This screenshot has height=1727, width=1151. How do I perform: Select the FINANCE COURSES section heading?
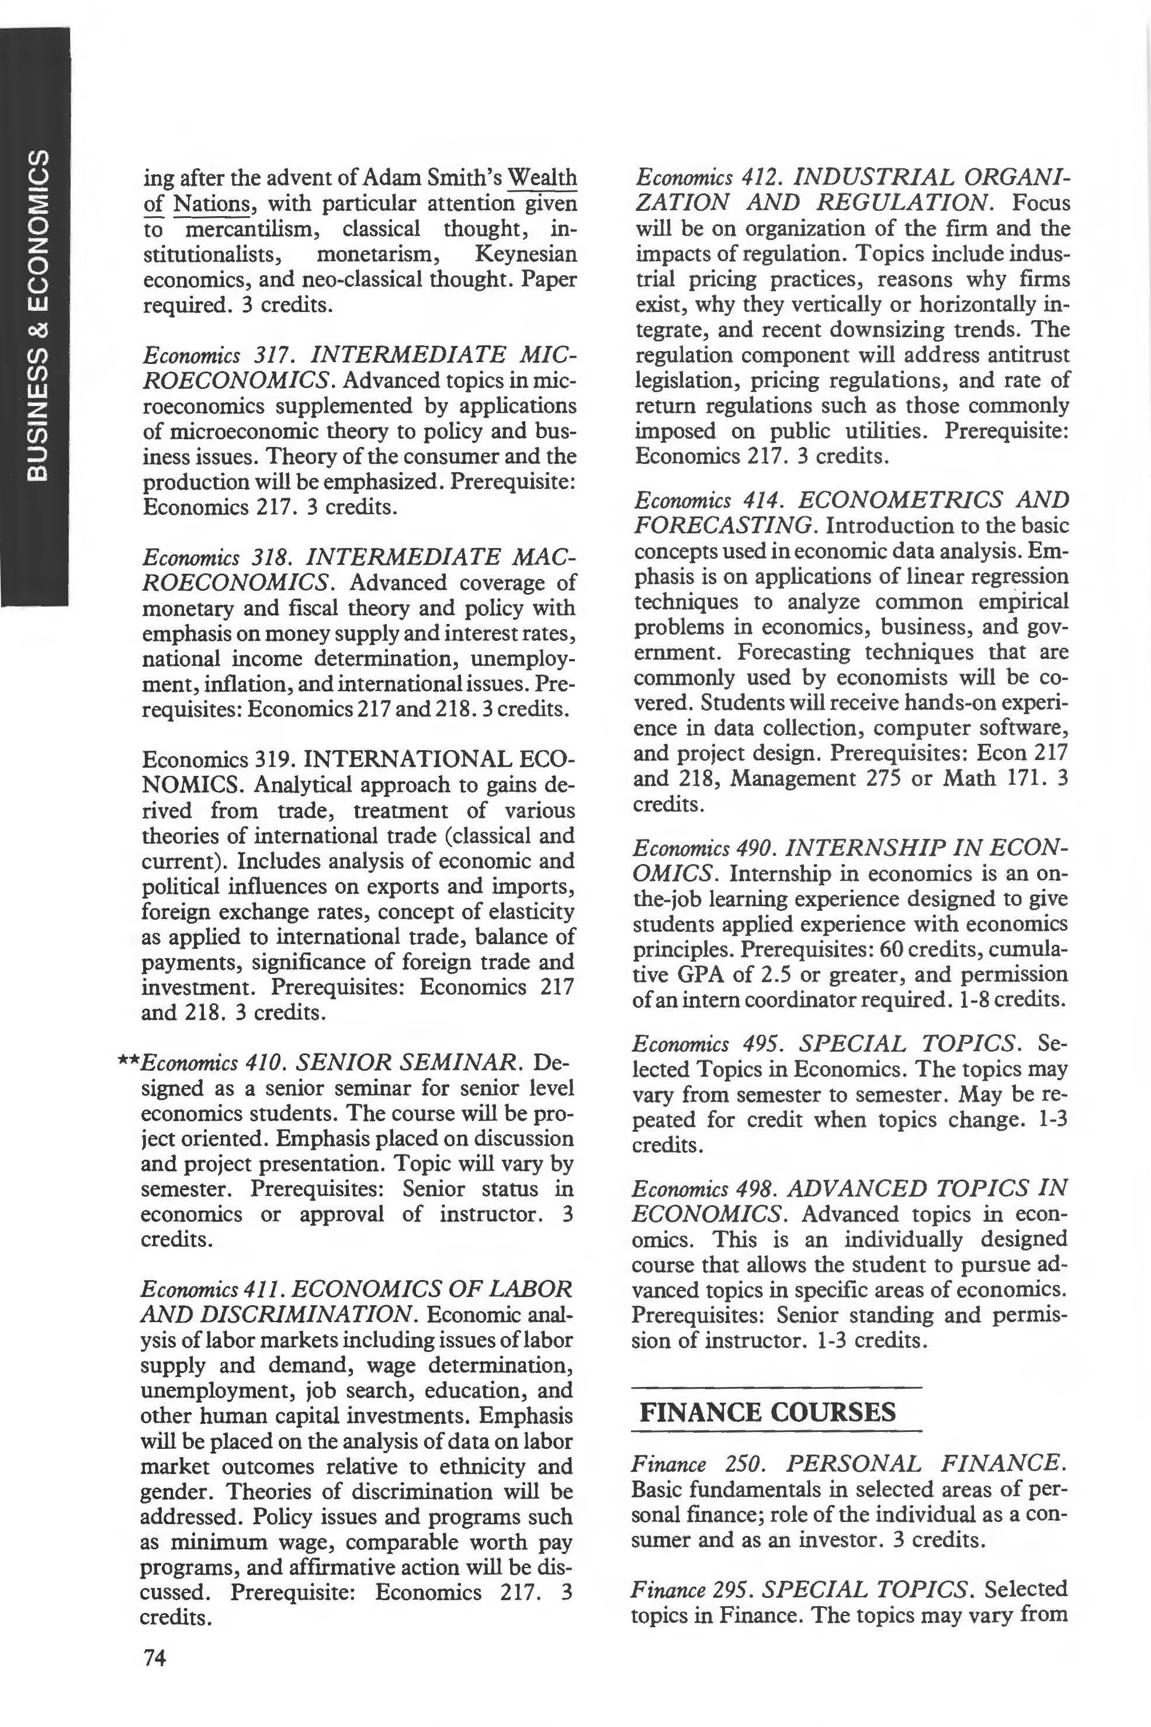[x=767, y=1412]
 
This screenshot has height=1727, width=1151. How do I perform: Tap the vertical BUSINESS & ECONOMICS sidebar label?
[x=35, y=315]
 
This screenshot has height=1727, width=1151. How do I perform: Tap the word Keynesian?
[x=526, y=254]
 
